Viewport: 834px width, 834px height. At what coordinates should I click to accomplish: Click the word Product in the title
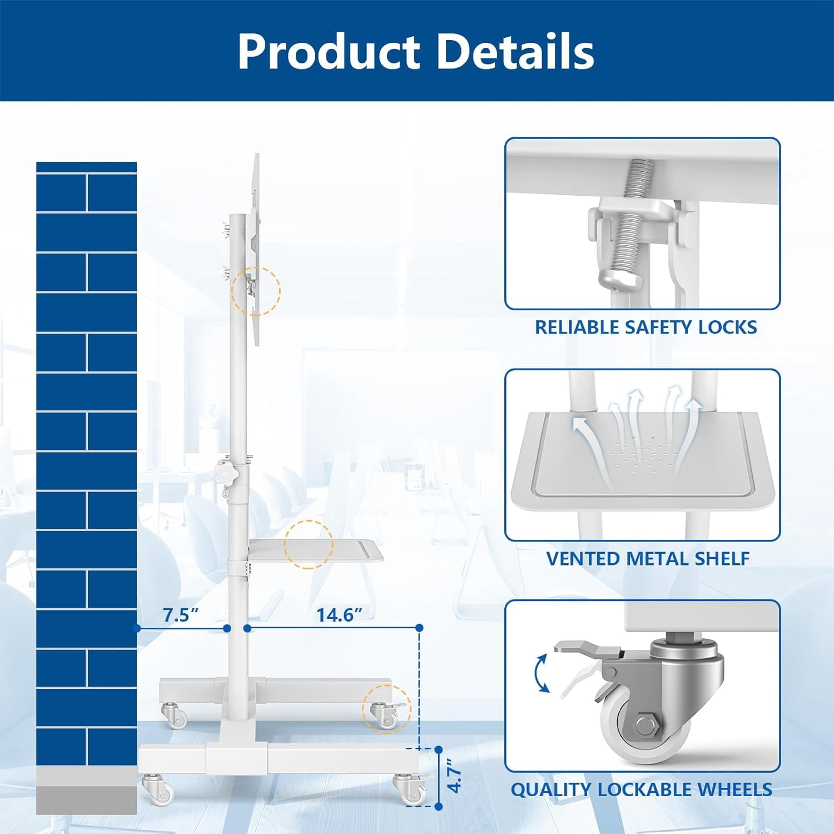point(329,51)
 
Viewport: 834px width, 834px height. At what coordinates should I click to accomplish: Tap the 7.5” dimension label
point(181,615)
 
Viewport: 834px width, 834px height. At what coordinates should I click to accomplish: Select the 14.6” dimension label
point(339,615)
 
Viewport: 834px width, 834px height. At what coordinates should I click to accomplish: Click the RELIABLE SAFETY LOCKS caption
point(646,327)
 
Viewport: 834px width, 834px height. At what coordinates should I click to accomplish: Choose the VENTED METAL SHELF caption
point(648,558)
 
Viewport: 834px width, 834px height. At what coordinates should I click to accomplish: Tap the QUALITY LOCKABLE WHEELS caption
point(642,790)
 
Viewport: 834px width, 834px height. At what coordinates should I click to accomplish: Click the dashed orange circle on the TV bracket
point(256,291)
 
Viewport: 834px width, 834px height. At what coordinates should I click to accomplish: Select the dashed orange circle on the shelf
point(309,544)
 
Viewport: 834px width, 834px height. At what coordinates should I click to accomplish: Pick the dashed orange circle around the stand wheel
point(387,709)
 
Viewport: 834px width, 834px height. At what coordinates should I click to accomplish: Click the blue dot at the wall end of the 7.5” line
point(137,628)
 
